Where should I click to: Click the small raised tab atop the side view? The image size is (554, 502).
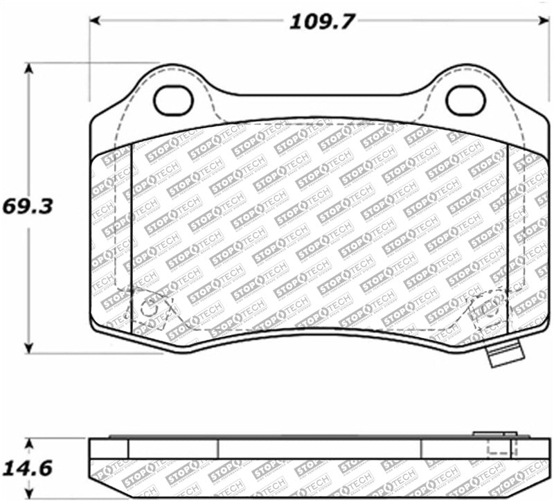(x=492, y=434)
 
